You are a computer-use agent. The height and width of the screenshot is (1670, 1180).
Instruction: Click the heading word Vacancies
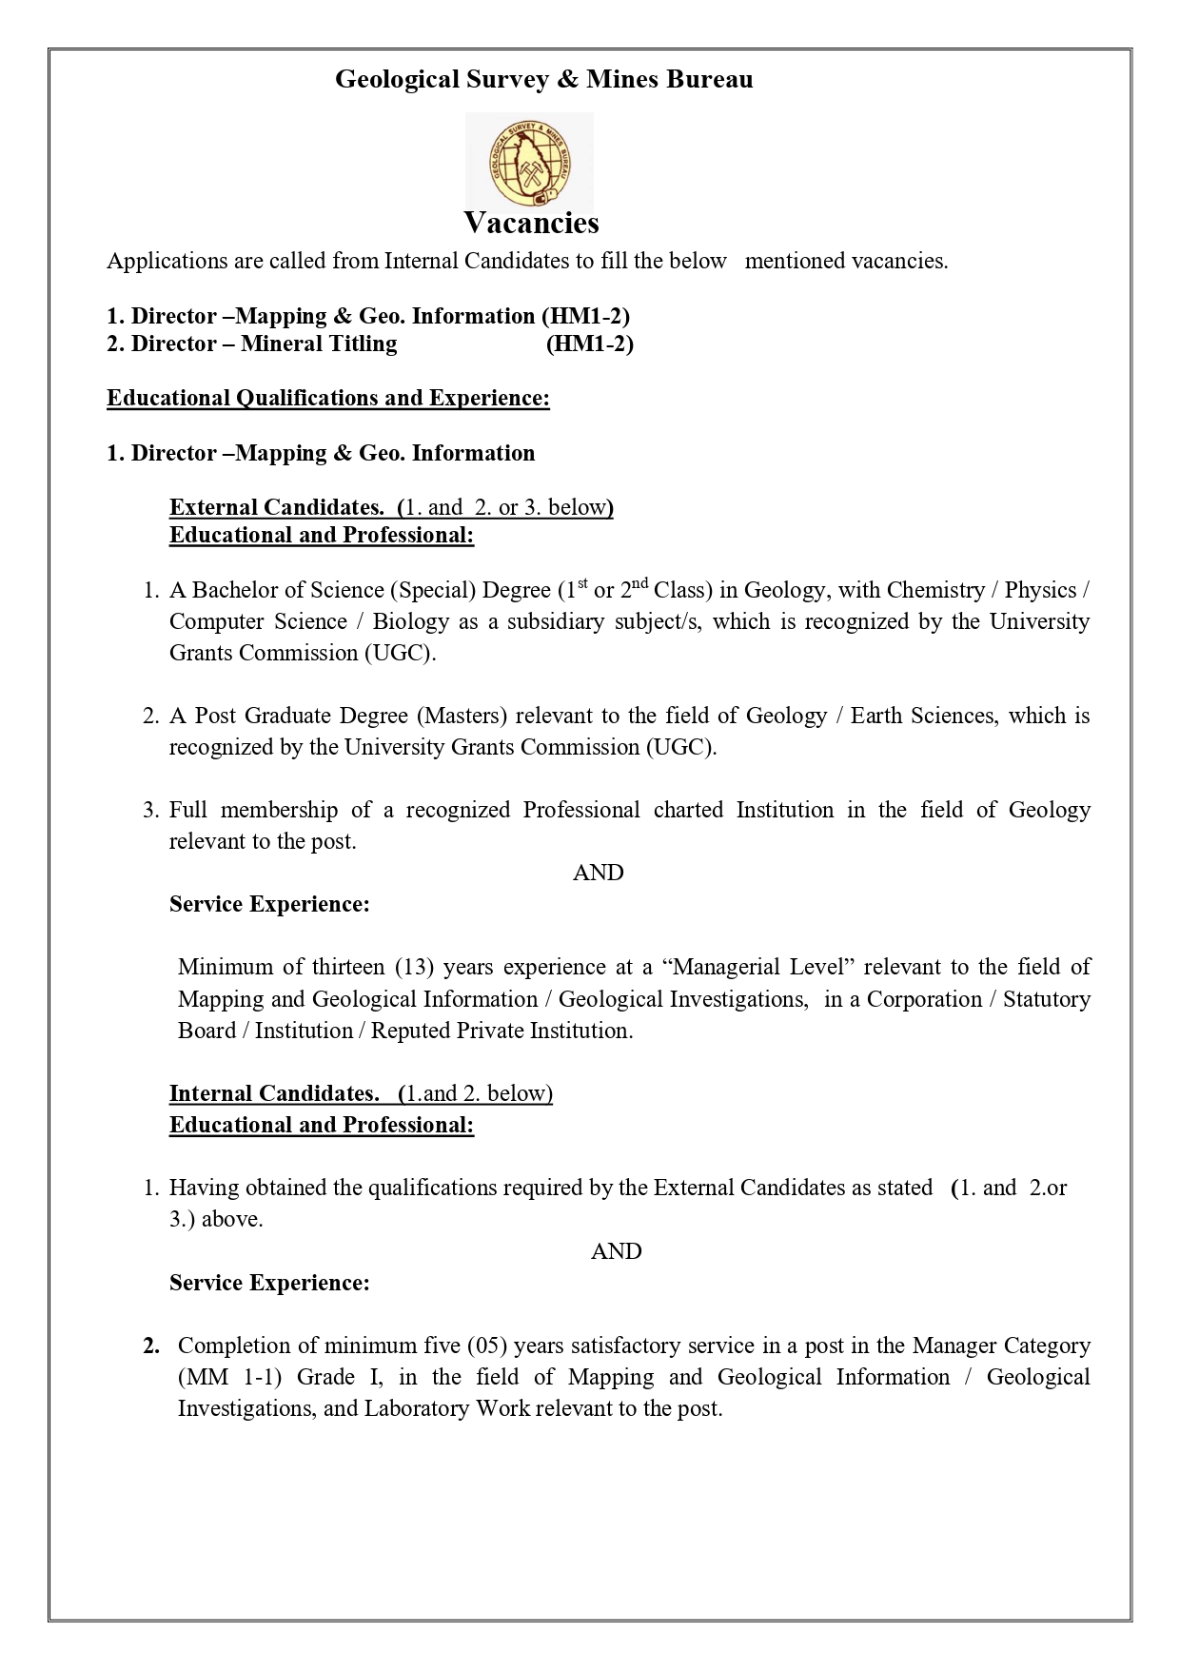(531, 223)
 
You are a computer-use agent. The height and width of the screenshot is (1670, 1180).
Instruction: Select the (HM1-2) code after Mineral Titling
(589, 344)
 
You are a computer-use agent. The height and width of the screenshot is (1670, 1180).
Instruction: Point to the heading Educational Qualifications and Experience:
(328, 398)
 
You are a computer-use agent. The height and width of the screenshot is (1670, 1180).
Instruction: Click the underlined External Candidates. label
(277, 507)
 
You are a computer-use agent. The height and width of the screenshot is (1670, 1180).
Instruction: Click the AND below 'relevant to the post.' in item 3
(598, 873)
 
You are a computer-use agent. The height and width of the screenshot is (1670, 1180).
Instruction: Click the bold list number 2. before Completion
(151, 1346)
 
